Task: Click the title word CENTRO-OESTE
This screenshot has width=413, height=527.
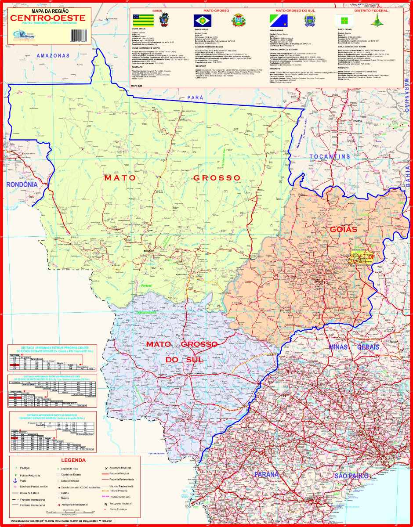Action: (x=48, y=18)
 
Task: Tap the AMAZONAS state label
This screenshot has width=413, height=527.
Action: (x=53, y=56)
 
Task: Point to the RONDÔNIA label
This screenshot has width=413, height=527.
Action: (x=22, y=185)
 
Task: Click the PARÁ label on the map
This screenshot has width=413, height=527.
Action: (x=196, y=97)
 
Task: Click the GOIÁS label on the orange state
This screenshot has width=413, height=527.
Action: (x=342, y=229)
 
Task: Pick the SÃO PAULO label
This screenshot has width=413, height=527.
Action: (x=351, y=476)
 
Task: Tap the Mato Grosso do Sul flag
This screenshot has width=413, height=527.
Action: (x=279, y=19)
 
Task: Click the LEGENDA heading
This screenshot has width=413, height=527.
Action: (x=73, y=461)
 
